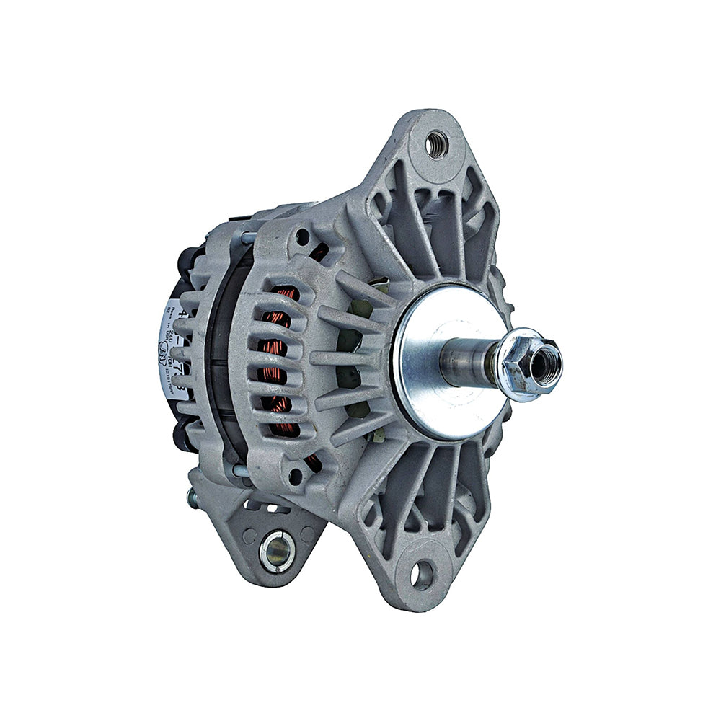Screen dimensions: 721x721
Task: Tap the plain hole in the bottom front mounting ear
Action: [x=422, y=575]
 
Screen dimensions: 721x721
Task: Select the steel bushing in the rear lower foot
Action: [x=277, y=551]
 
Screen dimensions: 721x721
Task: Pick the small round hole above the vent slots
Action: [x=302, y=236]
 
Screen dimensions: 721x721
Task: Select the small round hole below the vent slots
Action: [x=296, y=476]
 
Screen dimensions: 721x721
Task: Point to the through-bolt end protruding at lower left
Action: [x=192, y=497]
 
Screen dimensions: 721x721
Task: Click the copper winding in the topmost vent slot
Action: [x=286, y=293]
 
